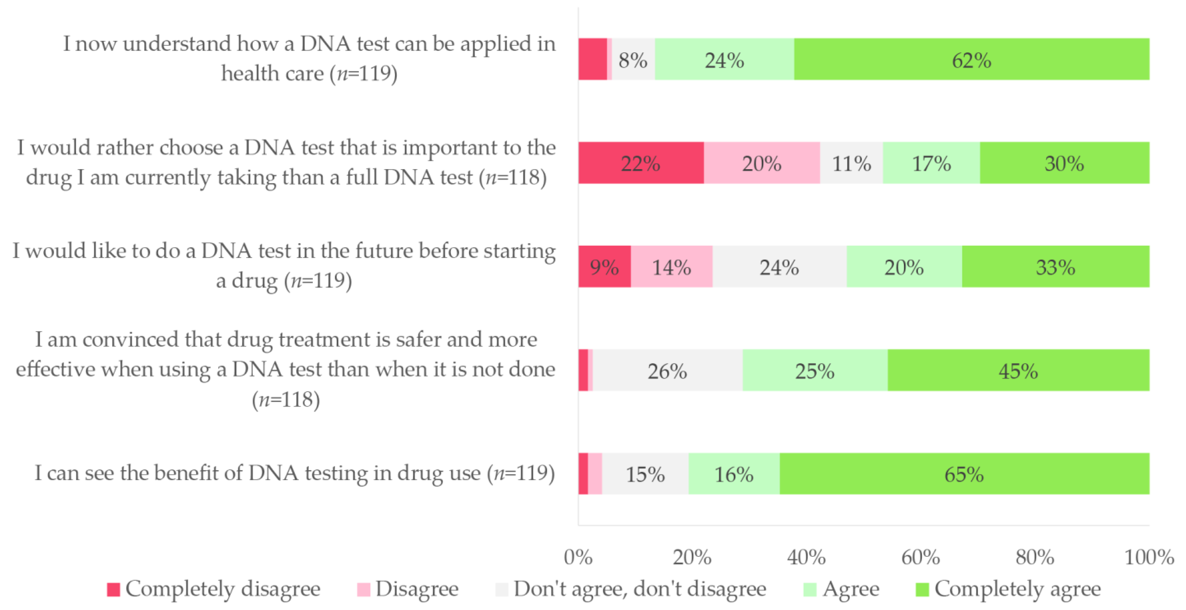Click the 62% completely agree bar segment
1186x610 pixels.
[x=972, y=59]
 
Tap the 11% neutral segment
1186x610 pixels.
[x=851, y=163]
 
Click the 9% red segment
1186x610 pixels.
[x=604, y=267]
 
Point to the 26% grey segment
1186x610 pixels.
[x=667, y=370]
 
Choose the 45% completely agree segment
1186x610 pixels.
[x=1018, y=370]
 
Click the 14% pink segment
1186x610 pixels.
[x=671, y=267]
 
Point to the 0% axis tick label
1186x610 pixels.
[x=578, y=557]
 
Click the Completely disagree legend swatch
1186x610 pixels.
[x=113, y=589]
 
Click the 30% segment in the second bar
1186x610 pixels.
[x=1064, y=163]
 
